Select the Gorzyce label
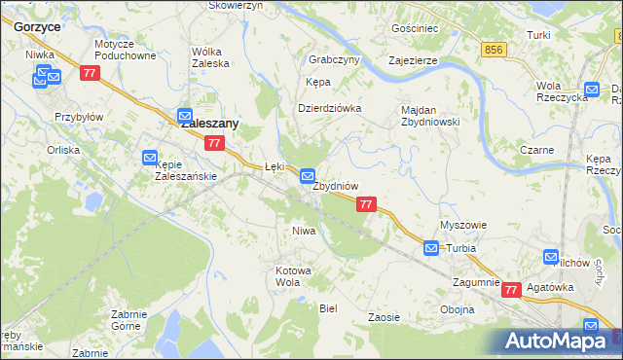point(38,27)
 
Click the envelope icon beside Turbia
point(431,249)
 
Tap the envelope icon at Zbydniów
point(308,177)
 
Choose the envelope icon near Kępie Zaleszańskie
point(149,157)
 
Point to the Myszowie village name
point(462,225)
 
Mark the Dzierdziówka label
point(329,108)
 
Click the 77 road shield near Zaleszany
point(215,143)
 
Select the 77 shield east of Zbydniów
point(366,204)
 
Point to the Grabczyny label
point(334,59)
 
